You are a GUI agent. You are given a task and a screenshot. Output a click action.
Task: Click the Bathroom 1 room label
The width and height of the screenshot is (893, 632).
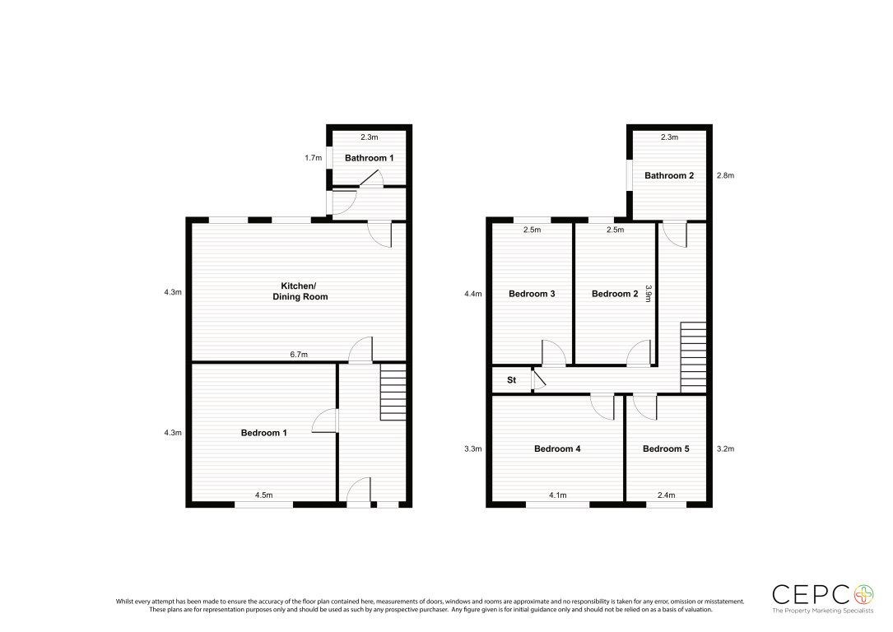pos(369,158)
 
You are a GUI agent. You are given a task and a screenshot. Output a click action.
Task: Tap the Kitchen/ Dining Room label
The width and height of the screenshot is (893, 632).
pos(300,291)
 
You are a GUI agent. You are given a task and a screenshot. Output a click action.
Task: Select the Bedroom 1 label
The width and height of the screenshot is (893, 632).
pos(263,433)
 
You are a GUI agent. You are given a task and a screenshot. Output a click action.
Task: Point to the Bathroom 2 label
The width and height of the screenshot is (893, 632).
pos(669,175)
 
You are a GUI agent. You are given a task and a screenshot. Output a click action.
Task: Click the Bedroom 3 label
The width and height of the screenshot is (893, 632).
pos(532,294)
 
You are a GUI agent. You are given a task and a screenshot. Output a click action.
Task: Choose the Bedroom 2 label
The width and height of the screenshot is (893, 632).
pos(615,294)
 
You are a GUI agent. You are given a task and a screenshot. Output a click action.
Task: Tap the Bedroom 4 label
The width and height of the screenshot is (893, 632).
pos(557,448)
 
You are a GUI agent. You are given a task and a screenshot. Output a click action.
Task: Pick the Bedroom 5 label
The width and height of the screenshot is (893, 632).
pos(666,448)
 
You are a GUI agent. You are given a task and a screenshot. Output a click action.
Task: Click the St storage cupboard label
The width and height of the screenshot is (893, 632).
pos(511,379)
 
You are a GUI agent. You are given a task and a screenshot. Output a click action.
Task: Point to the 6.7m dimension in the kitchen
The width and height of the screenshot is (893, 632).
pos(299,354)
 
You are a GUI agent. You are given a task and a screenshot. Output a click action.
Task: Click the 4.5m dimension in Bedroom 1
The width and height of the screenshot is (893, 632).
pos(263,495)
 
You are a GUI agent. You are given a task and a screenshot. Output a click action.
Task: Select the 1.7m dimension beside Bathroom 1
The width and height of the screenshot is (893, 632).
pos(314,158)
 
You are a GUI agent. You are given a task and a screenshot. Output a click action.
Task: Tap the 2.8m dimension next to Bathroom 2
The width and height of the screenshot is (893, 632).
pos(726,175)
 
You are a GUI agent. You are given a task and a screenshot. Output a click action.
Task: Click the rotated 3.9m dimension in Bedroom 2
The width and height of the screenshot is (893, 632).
pos(648,294)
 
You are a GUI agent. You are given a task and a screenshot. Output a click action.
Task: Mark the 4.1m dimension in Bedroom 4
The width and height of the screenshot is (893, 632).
pos(557,495)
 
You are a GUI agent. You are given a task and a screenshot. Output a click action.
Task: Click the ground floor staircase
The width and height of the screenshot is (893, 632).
pos(393,393)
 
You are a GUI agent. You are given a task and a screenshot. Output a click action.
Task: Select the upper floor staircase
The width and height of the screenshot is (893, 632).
pos(693,357)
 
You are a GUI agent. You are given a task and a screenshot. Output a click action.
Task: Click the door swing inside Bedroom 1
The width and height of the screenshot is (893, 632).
pos(323,421)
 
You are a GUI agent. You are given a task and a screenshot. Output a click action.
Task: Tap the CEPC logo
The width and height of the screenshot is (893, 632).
pos(822,598)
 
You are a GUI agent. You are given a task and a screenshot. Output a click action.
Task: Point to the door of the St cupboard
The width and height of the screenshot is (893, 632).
pos(538,379)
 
